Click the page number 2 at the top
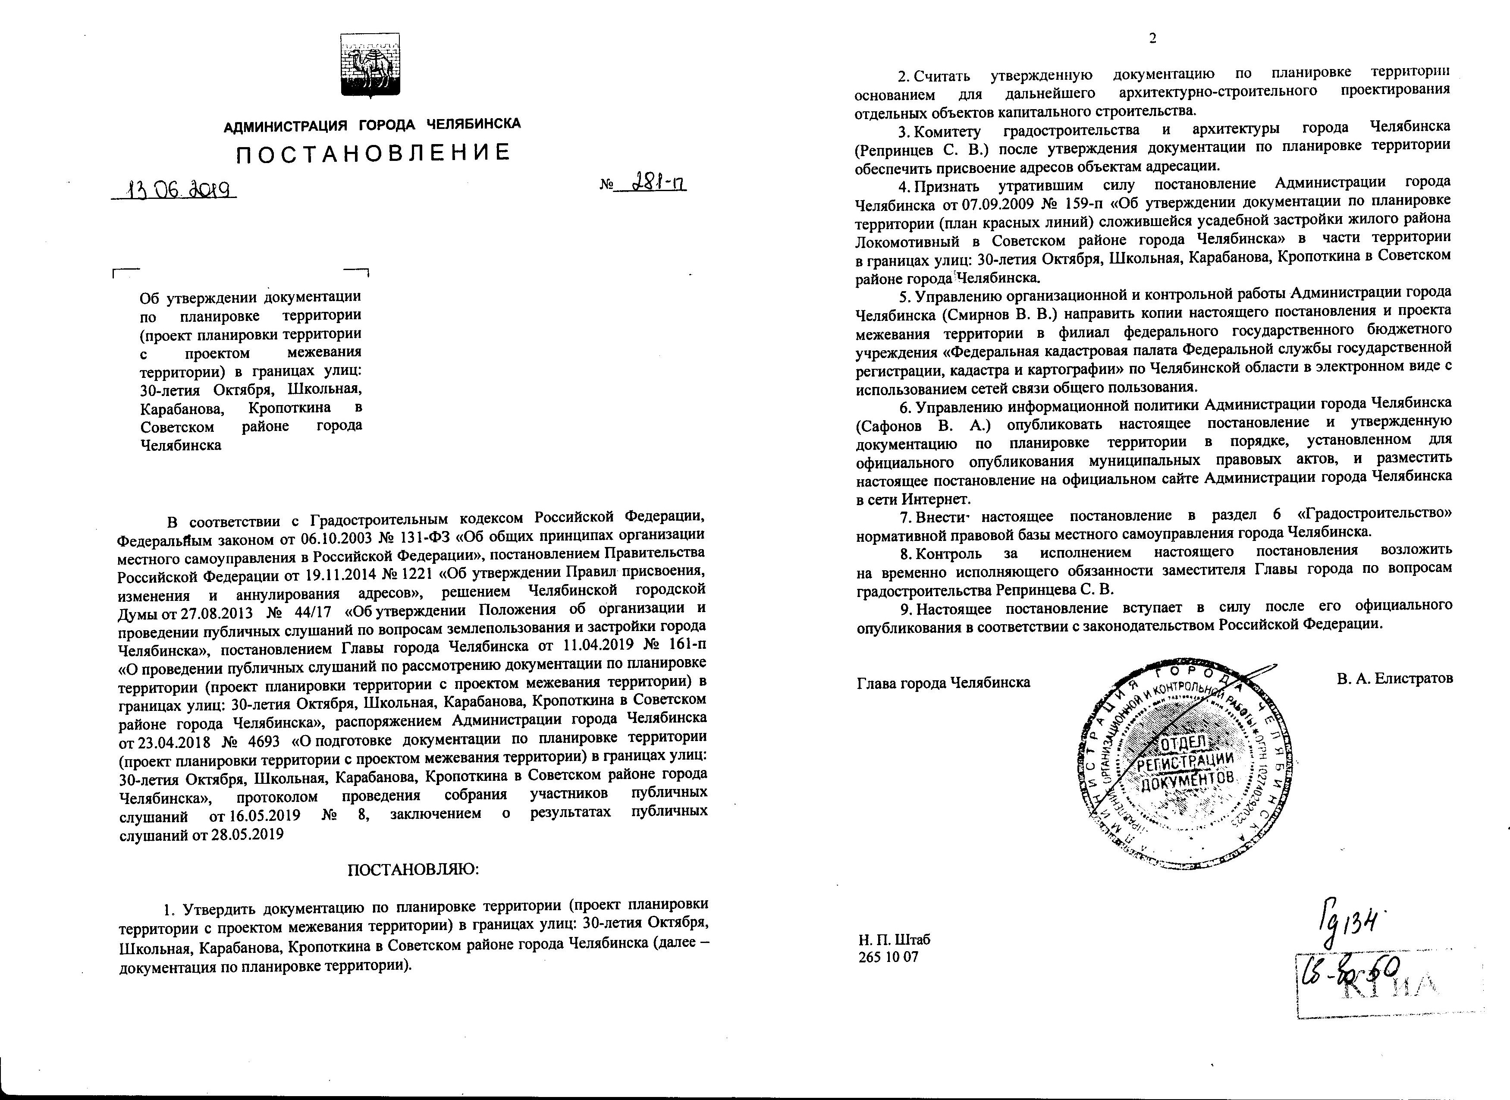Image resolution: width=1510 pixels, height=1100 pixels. pyautogui.click(x=1152, y=38)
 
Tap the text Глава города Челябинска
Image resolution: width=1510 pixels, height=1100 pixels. pyautogui.click(x=943, y=682)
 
